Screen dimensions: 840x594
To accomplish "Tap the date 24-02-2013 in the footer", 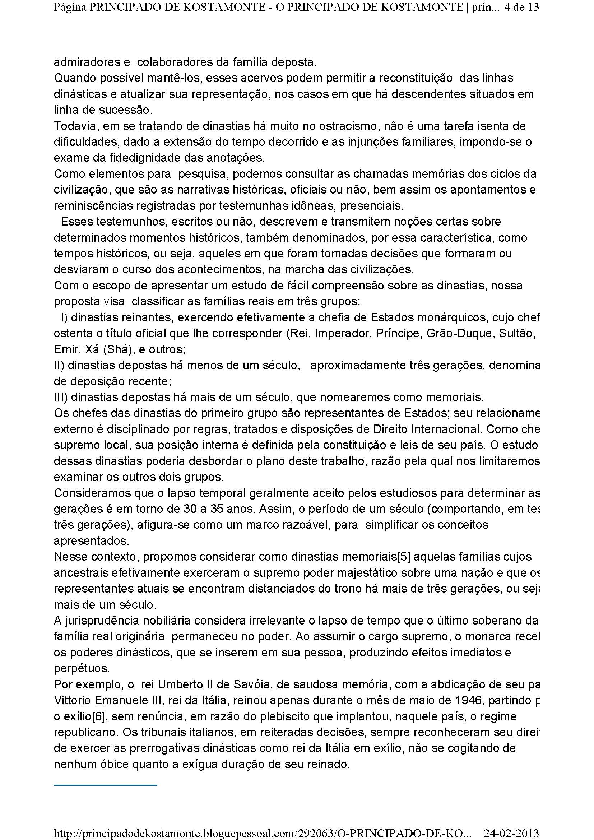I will pyautogui.click(x=512, y=833).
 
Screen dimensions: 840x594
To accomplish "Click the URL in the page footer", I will pyautogui.click(x=262, y=833).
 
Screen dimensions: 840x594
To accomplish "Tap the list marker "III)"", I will pyautogui.click(x=60, y=397).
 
